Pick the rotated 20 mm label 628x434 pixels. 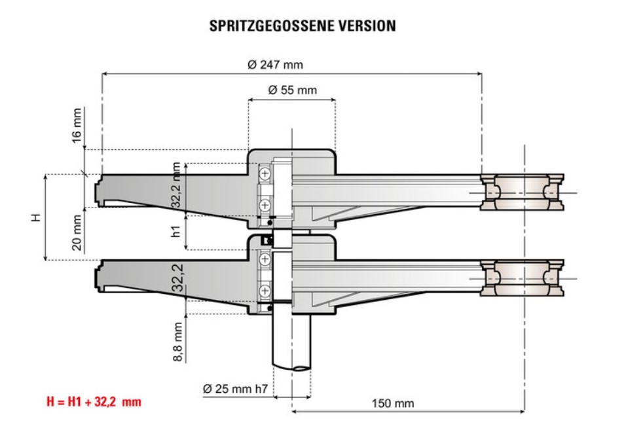tap(77, 232)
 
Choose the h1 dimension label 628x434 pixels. tap(175, 231)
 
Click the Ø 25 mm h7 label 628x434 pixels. tap(234, 388)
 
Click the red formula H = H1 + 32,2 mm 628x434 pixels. tap(94, 401)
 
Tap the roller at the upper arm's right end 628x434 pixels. tap(522, 192)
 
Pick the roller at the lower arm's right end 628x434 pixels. tap(522, 279)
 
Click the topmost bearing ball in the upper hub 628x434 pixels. tap(265, 174)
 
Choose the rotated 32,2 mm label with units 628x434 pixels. tap(176, 185)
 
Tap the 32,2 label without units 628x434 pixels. tap(176, 279)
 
